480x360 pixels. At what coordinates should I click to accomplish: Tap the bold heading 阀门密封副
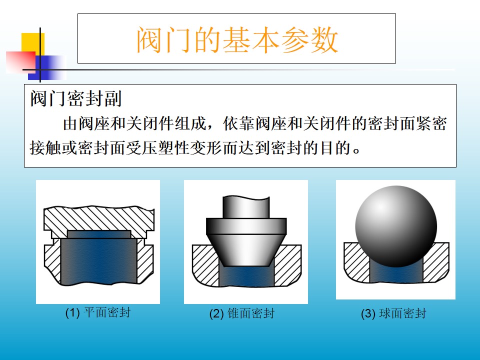click(76, 98)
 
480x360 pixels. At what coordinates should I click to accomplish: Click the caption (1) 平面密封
click(98, 312)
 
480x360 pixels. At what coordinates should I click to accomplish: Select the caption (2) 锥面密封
click(242, 313)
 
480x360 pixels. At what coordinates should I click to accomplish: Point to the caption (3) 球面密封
click(393, 313)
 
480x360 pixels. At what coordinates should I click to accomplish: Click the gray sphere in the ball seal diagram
click(396, 226)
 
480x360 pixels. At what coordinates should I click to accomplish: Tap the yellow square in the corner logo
click(33, 43)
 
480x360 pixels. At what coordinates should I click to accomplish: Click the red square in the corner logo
click(21, 62)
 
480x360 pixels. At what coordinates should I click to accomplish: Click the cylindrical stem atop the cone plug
click(246, 207)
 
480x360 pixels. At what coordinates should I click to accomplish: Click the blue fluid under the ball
click(396, 273)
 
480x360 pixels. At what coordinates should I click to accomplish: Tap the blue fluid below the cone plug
click(246, 275)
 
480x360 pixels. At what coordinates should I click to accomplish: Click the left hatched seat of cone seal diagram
click(204, 264)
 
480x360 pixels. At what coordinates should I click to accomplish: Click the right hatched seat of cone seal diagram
click(288, 264)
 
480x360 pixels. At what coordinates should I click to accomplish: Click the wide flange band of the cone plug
click(246, 226)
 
